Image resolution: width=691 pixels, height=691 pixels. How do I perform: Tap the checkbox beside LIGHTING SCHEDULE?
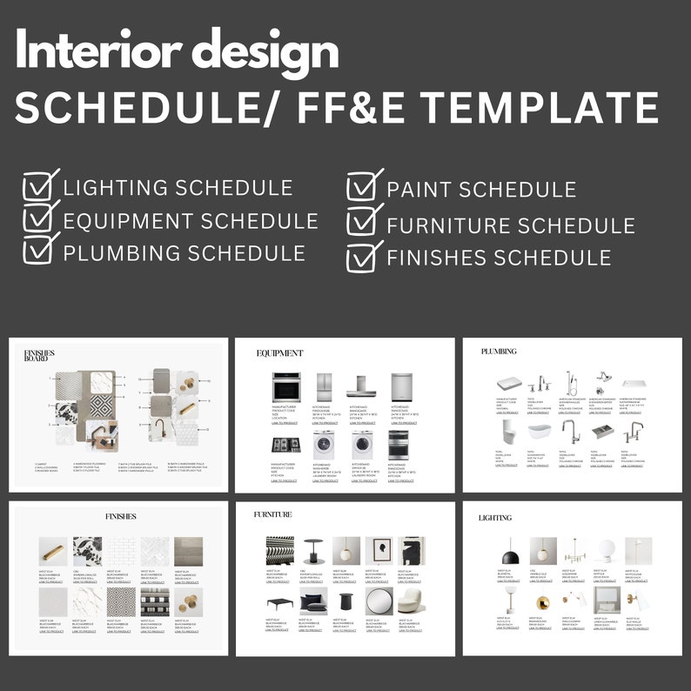tap(39, 187)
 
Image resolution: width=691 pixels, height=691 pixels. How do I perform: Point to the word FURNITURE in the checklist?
tap(447, 225)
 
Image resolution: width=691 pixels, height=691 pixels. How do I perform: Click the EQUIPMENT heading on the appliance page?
tap(279, 353)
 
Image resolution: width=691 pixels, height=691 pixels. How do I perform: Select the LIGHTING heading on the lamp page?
tap(495, 518)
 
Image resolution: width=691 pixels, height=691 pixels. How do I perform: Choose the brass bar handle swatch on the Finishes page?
tap(51, 551)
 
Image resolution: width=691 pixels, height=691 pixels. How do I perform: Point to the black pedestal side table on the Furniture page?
tap(346, 604)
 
